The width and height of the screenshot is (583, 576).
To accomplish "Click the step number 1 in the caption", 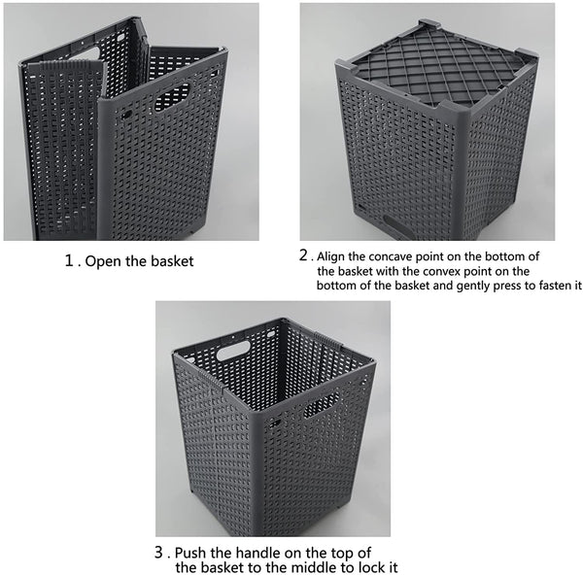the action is [x=70, y=260].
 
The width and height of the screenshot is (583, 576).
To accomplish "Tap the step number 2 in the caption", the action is [x=304, y=255].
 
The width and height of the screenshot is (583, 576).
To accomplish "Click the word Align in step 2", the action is [x=331, y=257].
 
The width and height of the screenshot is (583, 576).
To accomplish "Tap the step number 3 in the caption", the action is [x=158, y=553].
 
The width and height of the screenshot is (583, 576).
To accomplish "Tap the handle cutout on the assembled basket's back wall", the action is [x=233, y=350].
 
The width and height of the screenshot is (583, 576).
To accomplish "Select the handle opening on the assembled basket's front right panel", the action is [x=322, y=405].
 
